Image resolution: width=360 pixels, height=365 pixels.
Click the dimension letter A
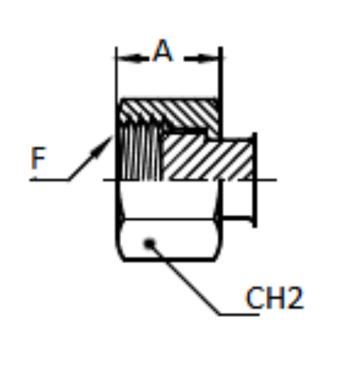coord(163,50)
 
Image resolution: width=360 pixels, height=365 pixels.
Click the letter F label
coord(38,158)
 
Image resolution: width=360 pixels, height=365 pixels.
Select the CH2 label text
coord(275,298)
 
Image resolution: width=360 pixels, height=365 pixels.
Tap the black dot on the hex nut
coord(149,244)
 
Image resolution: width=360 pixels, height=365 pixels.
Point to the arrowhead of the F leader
coord(102,147)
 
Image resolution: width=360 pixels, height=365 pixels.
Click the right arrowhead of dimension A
coord(207,58)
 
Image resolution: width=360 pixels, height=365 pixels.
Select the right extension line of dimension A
coord(221,93)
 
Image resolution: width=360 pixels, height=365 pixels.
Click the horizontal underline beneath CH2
coord(239,315)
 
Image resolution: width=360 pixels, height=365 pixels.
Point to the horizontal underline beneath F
coord(49,179)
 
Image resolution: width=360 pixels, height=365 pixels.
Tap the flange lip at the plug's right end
coord(255,179)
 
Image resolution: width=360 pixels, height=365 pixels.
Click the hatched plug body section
coord(208,158)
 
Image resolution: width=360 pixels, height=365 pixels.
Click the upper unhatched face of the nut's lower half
coord(169,200)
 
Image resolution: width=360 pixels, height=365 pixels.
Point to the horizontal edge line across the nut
coord(169,219)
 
